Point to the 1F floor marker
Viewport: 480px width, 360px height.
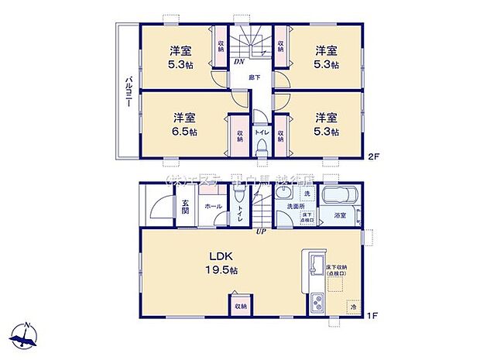(x=372, y=314)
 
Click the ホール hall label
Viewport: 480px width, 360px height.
(x=213, y=207)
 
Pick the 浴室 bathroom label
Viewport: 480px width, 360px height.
(x=340, y=214)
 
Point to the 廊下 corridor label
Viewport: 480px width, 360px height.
(x=254, y=77)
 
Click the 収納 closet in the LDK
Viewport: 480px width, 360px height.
(x=239, y=305)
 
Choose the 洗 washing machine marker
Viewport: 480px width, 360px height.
(x=306, y=192)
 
